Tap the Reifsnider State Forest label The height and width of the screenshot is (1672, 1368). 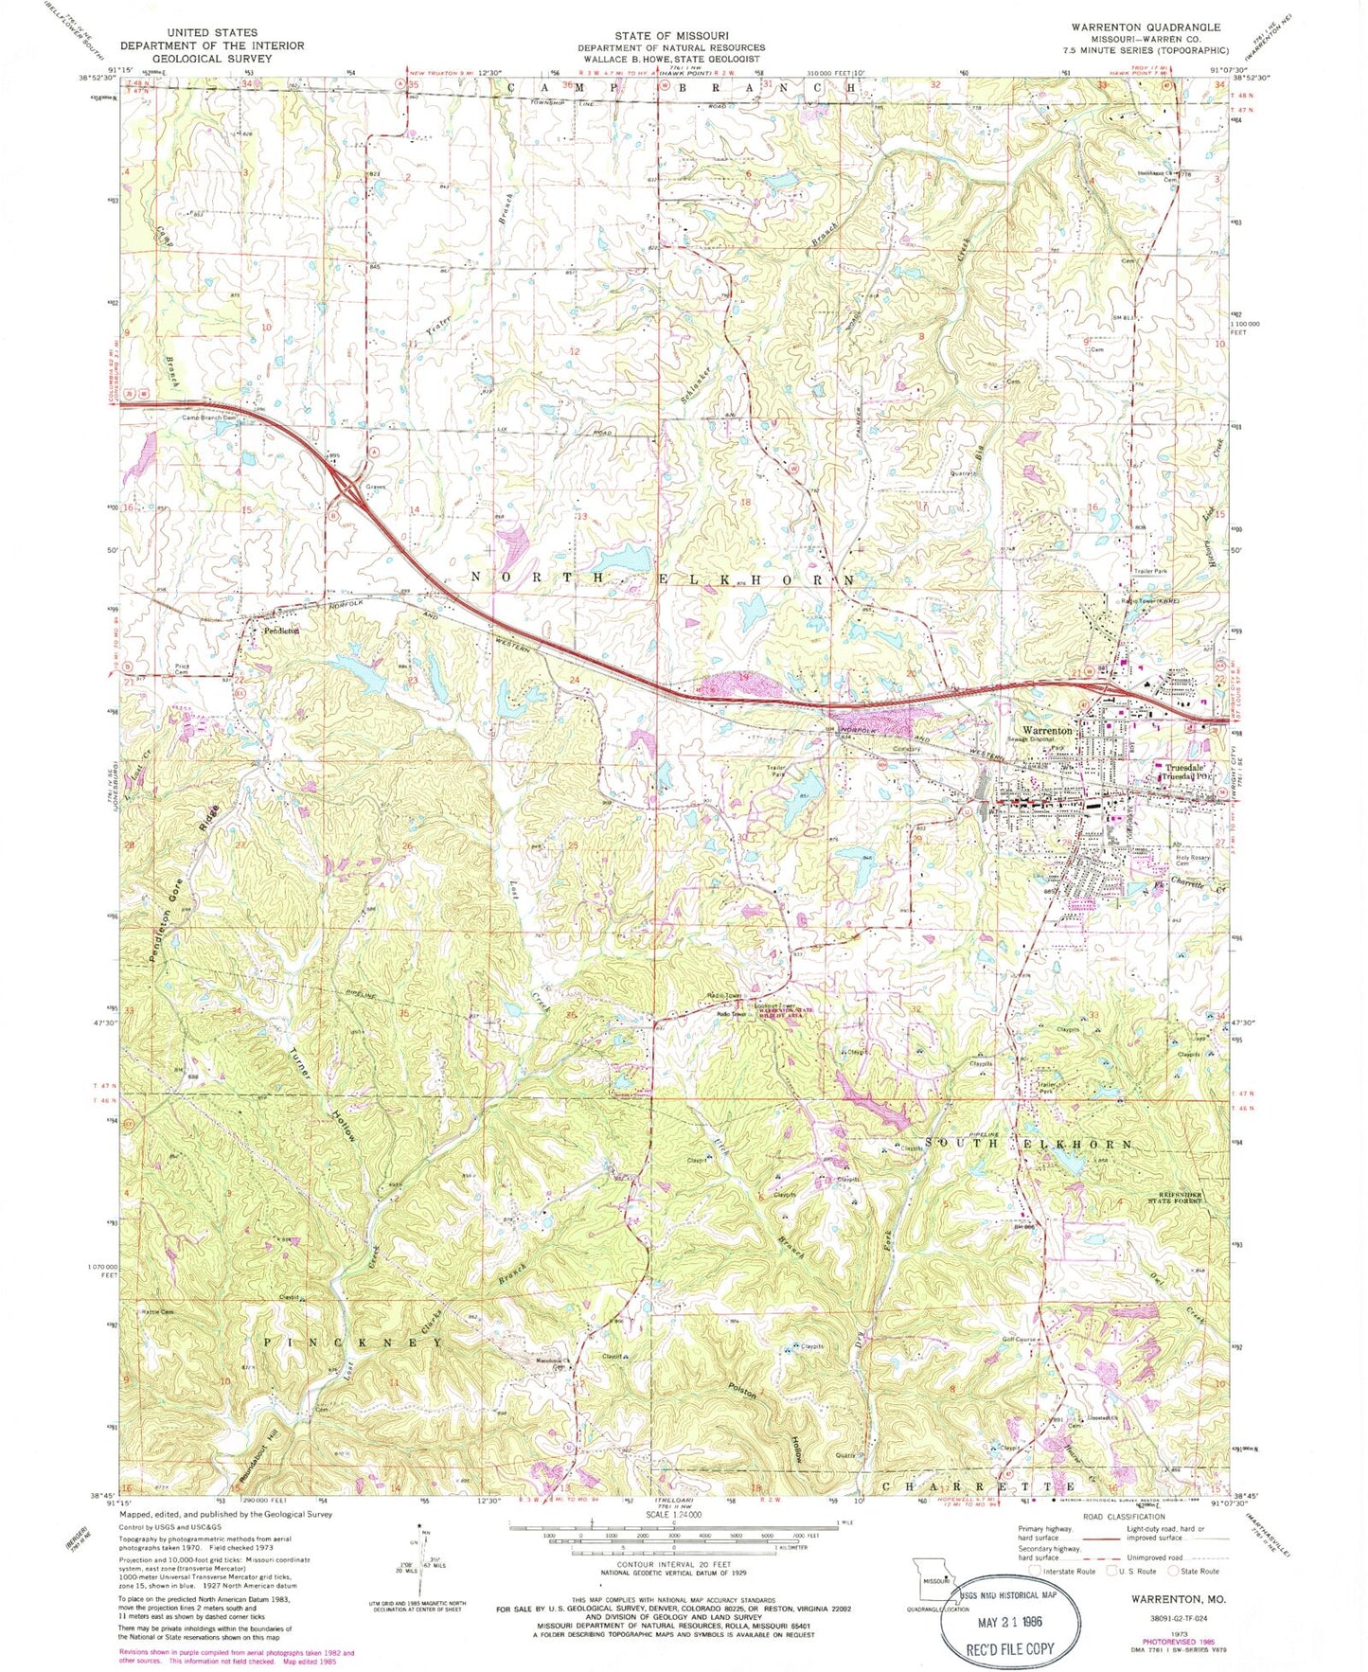(x=1177, y=1198)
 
